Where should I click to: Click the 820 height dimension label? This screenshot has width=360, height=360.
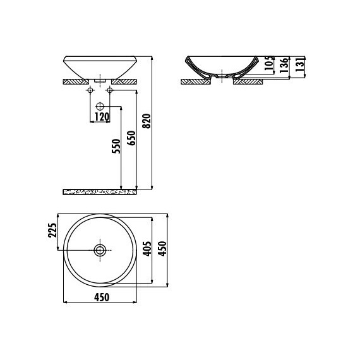[147, 121]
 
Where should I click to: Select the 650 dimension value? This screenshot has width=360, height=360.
[131, 138]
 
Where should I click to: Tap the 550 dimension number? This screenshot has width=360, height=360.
[116, 146]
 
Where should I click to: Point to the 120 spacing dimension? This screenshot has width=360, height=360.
[102, 117]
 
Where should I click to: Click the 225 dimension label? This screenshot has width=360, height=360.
[52, 231]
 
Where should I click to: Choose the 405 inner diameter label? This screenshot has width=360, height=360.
[147, 249]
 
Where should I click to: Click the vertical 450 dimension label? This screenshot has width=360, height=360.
[162, 249]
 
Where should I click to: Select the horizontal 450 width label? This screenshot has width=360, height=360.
[102, 297]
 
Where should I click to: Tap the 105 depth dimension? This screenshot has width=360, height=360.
[269, 63]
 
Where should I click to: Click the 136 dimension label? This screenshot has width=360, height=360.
[284, 66]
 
